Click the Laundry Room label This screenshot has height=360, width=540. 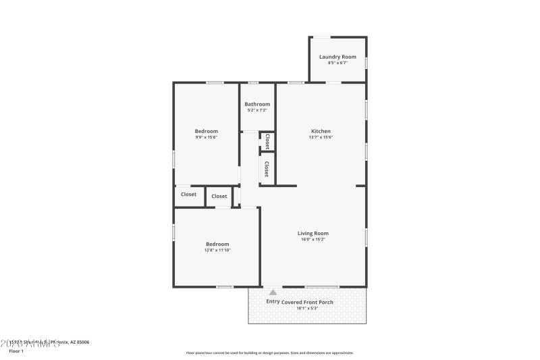click(x=337, y=57)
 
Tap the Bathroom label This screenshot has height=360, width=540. click(x=257, y=104)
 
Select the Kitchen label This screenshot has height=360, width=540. click(x=321, y=131)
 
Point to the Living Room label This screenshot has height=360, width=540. click(x=313, y=233)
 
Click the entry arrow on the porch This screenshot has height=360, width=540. click(x=273, y=292)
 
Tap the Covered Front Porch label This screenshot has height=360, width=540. click(x=307, y=302)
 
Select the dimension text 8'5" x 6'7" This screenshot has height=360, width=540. click(x=337, y=63)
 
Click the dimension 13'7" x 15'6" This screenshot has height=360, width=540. click(x=321, y=137)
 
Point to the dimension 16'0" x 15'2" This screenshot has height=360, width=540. click(x=313, y=239)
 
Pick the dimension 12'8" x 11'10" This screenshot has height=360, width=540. click(x=217, y=250)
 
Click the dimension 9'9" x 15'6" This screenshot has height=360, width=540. click(x=207, y=137)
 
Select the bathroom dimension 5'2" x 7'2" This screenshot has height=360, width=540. click(x=257, y=110)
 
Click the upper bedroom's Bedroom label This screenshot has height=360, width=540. click(x=207, y=131)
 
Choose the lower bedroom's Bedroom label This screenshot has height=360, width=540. click(x=217, y=244)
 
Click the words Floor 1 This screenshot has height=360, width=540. click(x=16, y=351)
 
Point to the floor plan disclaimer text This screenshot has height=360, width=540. click(x=269, y=353)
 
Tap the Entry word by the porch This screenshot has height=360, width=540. click(x=273, y=301)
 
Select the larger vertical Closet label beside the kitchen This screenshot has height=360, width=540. click(x=267, y=168)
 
